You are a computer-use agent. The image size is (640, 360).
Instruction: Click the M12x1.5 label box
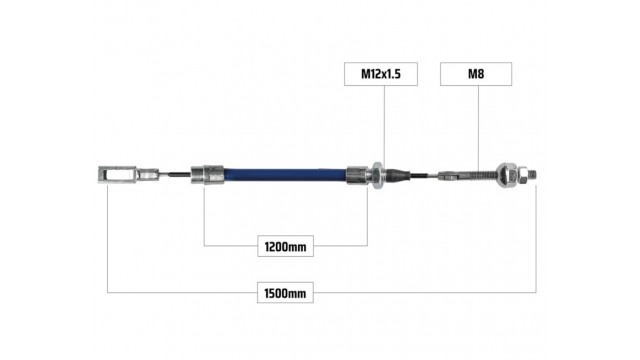click(381, 74)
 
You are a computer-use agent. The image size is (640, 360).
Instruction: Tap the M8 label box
click(476, 74)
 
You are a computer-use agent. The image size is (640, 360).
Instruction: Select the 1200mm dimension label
click(285, 246)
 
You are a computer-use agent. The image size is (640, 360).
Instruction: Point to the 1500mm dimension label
click(285, 293)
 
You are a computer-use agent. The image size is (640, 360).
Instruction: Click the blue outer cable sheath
click(285, 175)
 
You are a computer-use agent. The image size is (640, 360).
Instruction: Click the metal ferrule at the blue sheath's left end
click(207, 174)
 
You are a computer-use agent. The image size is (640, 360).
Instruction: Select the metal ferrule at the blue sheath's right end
click(358, 175)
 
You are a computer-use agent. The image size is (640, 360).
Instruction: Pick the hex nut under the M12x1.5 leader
click(376, 175)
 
